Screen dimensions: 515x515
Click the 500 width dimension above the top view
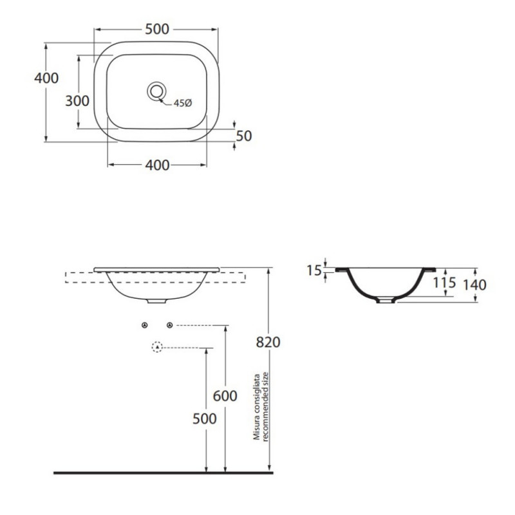pyautogui.click(x=157, y=29)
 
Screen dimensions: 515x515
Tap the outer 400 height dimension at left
pyautogui.click(x=46, y=78)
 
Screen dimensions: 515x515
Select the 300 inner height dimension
pyautogui.click(x=77, y=101)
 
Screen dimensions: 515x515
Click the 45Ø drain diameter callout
pyautogui.click(x=183, y=103)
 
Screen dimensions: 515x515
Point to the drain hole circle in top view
pyautogui.click(x=156, y=91)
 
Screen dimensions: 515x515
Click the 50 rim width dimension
pyautogui.click(x=244, y=136)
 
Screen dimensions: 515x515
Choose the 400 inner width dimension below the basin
pyautogui.click(x=157, y=165)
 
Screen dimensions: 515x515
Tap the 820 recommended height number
pyautogui.click(x=268, y=342)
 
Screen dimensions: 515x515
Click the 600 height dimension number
pyautogui.click(x=225, y=396)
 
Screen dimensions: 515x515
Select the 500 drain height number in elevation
pyautogui.click(x=204, y=419)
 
